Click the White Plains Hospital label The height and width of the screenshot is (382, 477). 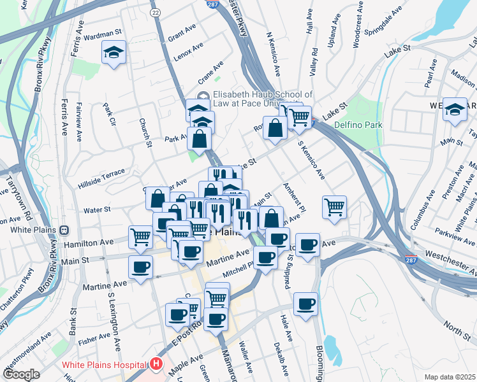pyautogui.click(x=105, y=365)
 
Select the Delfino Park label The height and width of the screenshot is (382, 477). pyautogui.click(x=357, y=125)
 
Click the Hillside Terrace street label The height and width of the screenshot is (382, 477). pyautogui.click(x=101, y=173)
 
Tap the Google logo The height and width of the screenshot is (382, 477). pyautogui.click(x=20, y=374)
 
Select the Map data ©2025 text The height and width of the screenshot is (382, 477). pyautogui.click(x=450, y=377)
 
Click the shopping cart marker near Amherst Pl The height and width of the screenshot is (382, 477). pyautogui.click(x=334, y=207)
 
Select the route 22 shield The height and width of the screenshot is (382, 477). pyautogui.click(x=155, y=12)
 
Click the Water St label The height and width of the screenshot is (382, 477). pyautogui.click(x=98, y=209)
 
